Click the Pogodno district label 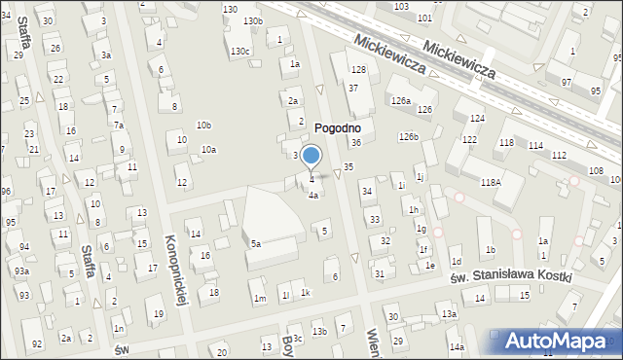coord(338,127)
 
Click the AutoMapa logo coord(554,340)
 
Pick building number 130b coord(253,20)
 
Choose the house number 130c coord(240,51)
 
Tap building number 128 coord(358,70)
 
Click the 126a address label coord(400,101)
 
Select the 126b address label coord(408,137)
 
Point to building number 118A coord(490,181)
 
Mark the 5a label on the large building coord(256,243)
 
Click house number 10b coord(203,125)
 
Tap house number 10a coord(208,149)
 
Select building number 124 coord(476,119)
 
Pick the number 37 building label coord(354,89)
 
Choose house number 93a coord(21,271)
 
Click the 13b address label coord(319,332)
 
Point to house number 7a coord(118,126)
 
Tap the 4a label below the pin coord(313,195)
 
